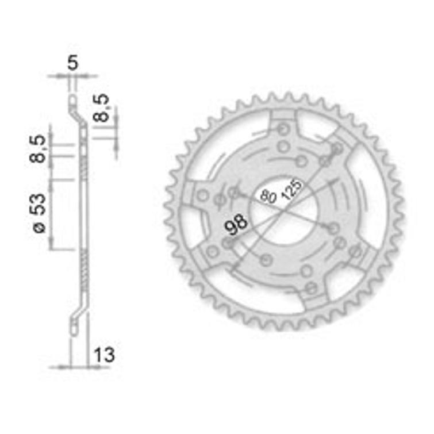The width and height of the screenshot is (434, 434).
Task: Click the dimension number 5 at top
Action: (x=73, y=63)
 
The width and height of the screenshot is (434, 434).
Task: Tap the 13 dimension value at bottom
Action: (x=104, y=355)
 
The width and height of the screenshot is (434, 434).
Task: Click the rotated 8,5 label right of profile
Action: (x=101, y=108)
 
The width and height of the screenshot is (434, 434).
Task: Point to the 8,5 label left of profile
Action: (x=37, y=149)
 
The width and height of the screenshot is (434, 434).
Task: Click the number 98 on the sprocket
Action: (x=236, y=224)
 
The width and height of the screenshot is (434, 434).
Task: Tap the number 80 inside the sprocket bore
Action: (x=268, y=196)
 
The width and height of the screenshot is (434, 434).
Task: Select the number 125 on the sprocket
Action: (x=291, y=190)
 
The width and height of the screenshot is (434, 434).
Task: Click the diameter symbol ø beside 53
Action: (x=39, y=228)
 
